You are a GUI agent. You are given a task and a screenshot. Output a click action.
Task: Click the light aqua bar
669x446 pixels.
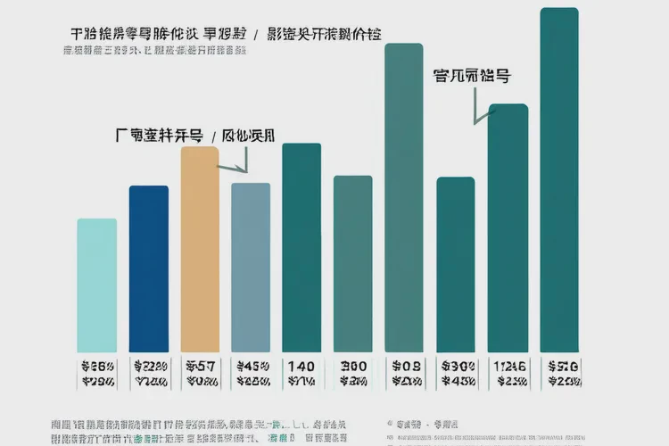96,285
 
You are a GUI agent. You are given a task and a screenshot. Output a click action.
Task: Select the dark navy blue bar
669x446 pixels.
149,268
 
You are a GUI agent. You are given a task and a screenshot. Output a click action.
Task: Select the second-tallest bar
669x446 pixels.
403,196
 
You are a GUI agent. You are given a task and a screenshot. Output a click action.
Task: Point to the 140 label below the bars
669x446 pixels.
301,366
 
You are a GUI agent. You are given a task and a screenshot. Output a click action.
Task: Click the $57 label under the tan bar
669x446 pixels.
199,366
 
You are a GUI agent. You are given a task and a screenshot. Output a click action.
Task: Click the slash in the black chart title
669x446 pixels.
257,35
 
